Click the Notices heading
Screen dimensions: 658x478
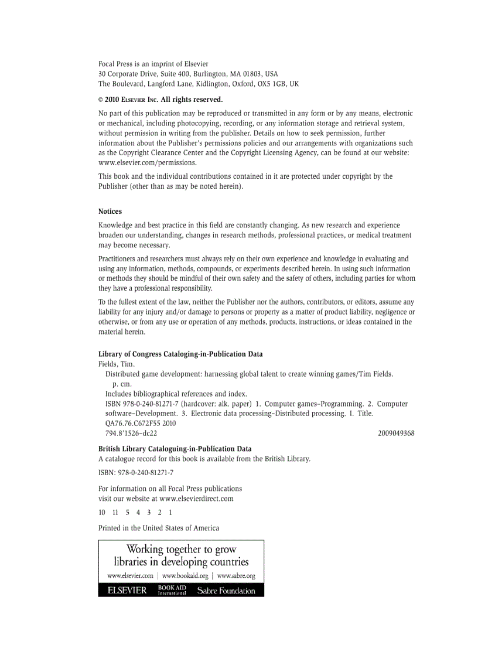[x=110, y=212]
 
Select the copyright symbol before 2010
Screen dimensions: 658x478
[x=101, y=100]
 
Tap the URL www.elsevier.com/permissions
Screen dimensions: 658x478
[x=148, y=162]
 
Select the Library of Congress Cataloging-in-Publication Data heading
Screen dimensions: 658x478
[x=180, y=354]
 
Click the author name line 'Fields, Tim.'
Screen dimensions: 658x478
[x=117, y=364]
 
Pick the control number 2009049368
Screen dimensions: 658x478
[x=396, y=434]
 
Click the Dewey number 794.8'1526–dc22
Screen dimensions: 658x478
[x=131, y=434]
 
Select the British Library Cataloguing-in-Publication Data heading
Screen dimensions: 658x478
[x=175, y=449]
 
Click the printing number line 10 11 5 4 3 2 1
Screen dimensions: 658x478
[x=135, y=513]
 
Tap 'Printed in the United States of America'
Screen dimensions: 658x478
[x=159, y=528]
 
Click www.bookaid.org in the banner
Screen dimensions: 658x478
[x=185, y=576]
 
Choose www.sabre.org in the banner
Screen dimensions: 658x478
[x=236, y=576]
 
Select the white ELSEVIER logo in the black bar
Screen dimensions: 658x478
[x=127, y=591]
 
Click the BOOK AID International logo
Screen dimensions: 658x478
[x=172, y=590]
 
